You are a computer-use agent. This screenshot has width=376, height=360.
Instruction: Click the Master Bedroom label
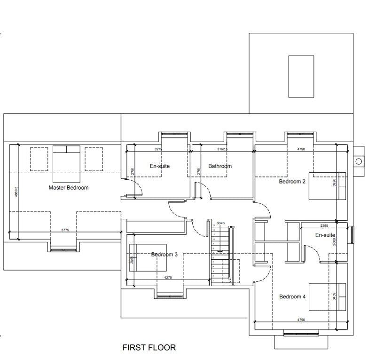(69, 188)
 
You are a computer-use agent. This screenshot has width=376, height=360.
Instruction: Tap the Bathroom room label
(220, 166)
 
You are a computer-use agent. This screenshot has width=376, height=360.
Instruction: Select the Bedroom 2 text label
(292, 182)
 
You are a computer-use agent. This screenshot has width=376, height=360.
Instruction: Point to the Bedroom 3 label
(164, 255)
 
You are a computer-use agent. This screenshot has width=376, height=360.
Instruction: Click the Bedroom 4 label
(292, 297)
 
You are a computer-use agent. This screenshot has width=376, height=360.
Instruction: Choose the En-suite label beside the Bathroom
(160, 166)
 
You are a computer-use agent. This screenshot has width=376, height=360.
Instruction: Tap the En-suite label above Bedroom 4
(325, 235)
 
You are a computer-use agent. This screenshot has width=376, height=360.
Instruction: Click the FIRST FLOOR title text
(149, 348)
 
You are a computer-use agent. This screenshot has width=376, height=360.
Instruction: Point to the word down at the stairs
(220, 223)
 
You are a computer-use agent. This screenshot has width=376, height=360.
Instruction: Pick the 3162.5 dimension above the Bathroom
(222, 149)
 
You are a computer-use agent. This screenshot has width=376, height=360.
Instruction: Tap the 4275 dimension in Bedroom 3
(168, 278)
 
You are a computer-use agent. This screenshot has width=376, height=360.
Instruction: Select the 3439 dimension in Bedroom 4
(335, 297)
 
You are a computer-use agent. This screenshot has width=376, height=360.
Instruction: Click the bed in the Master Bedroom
(66, 164)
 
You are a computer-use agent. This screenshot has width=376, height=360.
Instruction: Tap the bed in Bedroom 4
(327, 296)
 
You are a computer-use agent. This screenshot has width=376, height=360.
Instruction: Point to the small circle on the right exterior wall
(359, 161)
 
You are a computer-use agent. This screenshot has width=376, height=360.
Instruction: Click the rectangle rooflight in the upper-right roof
(301, 76)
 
